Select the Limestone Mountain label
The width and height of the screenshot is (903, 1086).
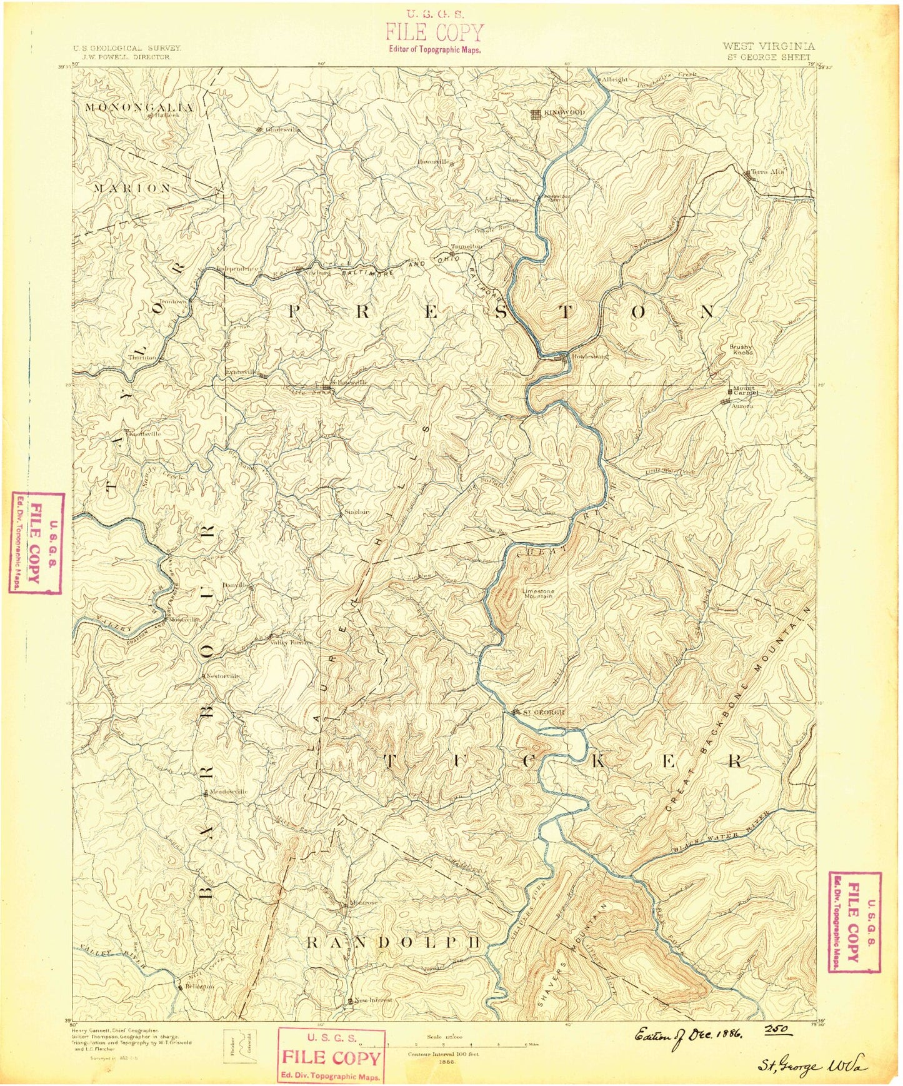click(538, 593)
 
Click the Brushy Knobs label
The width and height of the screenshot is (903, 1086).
click(741, 349)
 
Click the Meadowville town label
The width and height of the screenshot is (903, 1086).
click(228, 792)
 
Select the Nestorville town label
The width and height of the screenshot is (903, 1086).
click(223, 676)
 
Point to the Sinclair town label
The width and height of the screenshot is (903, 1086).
click(357, 512)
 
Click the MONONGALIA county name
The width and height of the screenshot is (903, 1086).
click(139, 108)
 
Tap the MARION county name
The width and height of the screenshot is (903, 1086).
click(132, 188)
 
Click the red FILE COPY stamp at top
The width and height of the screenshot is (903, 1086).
click(434, 33)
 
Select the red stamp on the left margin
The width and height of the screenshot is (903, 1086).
click(37, 542)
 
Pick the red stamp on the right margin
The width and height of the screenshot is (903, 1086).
click(854, 921)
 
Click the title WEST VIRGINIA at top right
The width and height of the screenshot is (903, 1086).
click(768, 46)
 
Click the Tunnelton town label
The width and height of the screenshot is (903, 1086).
click(467, 246)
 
